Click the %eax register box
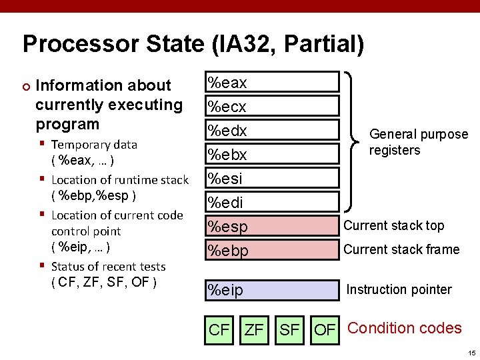tap(271, 83)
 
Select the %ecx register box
tap(271, 107)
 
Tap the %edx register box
tap(271, 131)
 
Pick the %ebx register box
tap(271, 155)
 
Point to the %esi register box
tap(271, 179)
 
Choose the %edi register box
tap(271, 203)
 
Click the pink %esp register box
tap(271, 227)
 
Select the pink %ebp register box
tap(271, 250)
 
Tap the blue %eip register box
tap(271, 290)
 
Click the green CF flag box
tap(219, 329)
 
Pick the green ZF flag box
tap(254, 329)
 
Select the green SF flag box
tap(289, 329)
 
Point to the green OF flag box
tap(325, 329)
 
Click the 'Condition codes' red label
tap(405, 328)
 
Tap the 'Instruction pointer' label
tap(399, 289)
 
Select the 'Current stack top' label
tap(393, 225)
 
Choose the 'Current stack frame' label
tap(401, 249)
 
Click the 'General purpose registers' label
tap(418, 142)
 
